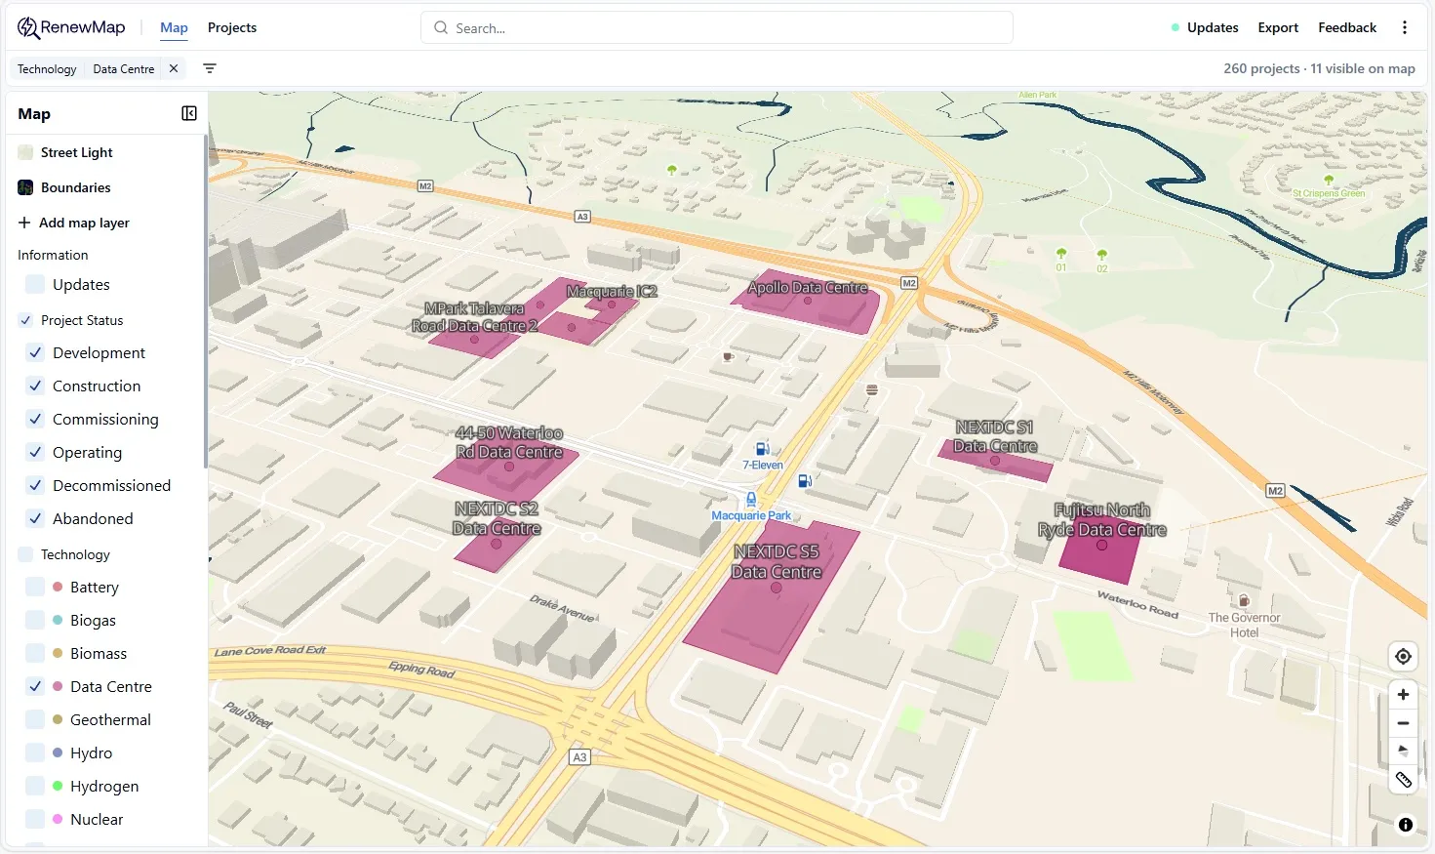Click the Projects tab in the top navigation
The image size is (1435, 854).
pos(232,27)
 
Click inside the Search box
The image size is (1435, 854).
pos(717,28)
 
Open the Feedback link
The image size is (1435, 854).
pos(1346,27)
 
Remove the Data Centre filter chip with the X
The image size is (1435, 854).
pos(174,68)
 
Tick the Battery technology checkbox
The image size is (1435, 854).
pos(35,587)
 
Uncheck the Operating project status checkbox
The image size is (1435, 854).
pos(35,452)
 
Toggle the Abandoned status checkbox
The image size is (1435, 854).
pos(35,518)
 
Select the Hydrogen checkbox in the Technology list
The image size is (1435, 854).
pos(35,786)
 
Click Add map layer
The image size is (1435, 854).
pos(74,223)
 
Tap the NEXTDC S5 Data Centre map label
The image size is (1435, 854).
pos(777,562)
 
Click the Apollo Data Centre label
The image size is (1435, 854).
pos(808,288)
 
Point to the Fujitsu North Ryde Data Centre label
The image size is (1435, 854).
pos(1102,520)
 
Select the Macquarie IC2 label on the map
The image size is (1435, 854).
pos(612,292)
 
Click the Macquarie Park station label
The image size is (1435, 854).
pos(751,515)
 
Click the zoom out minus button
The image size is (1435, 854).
pos(1403,723)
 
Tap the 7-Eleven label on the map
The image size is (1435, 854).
pos(763,466)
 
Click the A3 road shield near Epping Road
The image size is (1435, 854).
pos(579,757)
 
